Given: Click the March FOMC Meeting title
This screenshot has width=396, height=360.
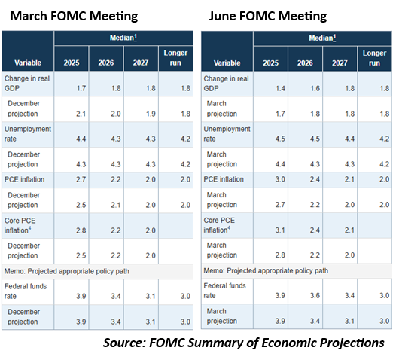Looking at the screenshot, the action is [74, 16].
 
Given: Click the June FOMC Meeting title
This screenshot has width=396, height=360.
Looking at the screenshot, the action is [268, 16].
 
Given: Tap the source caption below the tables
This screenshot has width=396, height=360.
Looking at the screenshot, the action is [244, 343].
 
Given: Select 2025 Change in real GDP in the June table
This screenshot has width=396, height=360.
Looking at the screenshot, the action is [280, 88].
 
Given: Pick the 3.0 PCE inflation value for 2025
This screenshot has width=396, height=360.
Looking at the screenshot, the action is [280, 179].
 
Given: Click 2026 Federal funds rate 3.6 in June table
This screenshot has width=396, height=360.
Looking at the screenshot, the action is [315, 295].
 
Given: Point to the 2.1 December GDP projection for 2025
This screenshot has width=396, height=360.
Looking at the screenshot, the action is [81, 114].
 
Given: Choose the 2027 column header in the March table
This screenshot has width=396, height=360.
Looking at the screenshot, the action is [141, 63].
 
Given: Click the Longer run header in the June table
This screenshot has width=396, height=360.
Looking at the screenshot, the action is [374, 58].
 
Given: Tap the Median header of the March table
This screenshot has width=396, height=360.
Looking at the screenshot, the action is [123, 38].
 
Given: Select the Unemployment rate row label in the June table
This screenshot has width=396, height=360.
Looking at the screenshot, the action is [227, 134].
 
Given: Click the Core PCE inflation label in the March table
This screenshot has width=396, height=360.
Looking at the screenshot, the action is [20, 226].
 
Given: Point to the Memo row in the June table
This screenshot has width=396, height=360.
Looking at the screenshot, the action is [266, 271].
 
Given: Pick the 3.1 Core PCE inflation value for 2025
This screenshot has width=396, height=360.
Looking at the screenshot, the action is [280, 230].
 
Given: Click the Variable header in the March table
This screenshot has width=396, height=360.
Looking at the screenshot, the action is [28, 63].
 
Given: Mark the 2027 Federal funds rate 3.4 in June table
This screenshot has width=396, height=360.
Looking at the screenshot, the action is [349, 295].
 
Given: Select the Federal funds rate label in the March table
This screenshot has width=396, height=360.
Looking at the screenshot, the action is [26, 291].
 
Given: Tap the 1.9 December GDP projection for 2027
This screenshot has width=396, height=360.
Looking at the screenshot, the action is [151, 114].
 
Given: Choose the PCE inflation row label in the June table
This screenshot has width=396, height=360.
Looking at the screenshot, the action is [224, 179].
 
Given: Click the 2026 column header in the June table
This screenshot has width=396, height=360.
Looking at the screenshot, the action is [305, 63].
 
